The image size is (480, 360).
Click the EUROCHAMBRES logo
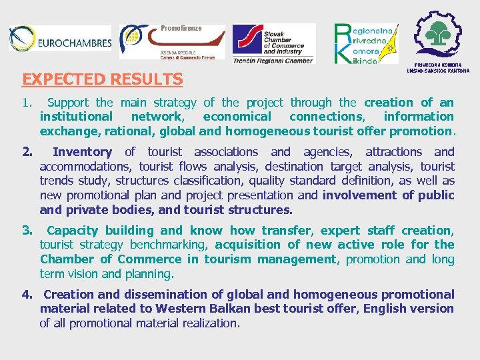pyautogui.click(x=60, y=40)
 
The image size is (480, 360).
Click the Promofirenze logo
pyautogui.click(x=172, y=41)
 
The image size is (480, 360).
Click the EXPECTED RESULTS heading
pyautogui.click(x=102, y=79)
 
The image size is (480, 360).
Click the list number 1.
pyautogui.click(x=26, y=103)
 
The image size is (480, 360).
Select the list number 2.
pyautogui.click(x=27, y=152)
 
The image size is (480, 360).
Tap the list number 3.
pyautogui.click(x=27, y=231)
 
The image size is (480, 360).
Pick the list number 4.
pyautogui.click(x=27, y=295)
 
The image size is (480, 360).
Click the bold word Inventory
pyautogui.click(x=82, y=152)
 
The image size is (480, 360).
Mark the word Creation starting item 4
pyautogui.click(x=69, y=295)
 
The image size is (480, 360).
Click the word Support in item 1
pyautogui.click(x=69, y=103)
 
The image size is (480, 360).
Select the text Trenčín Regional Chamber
pyautogui.click(x=272, y=61)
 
